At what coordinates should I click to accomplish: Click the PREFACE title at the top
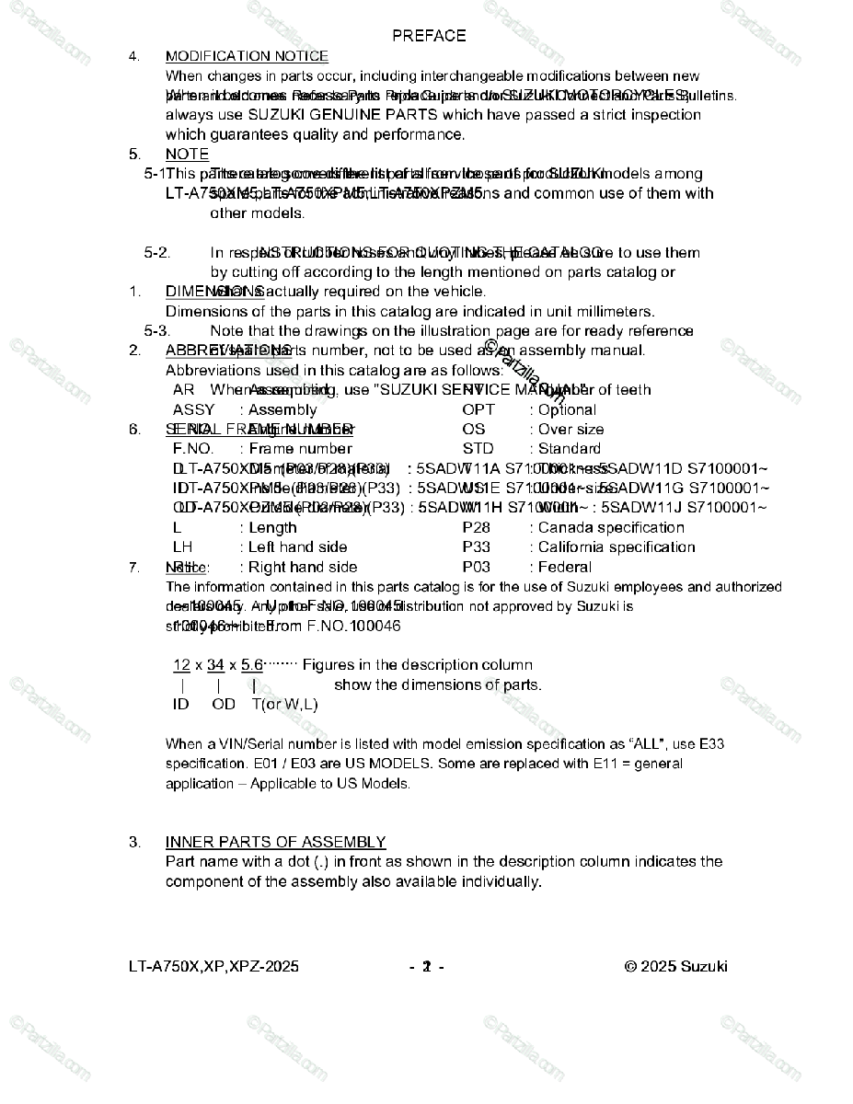(429, 36)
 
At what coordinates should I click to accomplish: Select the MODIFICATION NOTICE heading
(247, 57)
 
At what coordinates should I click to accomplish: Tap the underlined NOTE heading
(187, 155)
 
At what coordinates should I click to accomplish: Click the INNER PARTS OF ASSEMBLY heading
(275, 843)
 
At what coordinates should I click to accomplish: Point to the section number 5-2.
(157, 253)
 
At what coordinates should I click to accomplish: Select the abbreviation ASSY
(193, 410)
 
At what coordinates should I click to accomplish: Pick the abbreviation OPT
(478, 410)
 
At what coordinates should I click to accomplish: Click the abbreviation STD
(478, 449)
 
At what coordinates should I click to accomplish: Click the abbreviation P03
(477, 568)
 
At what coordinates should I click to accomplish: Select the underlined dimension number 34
(215, 665)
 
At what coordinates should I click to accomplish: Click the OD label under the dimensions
(224, 705)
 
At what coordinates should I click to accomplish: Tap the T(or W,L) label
(284, 705)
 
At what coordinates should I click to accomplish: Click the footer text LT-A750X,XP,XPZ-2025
(213, 967)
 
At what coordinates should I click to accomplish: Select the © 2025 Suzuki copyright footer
(675, 967)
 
